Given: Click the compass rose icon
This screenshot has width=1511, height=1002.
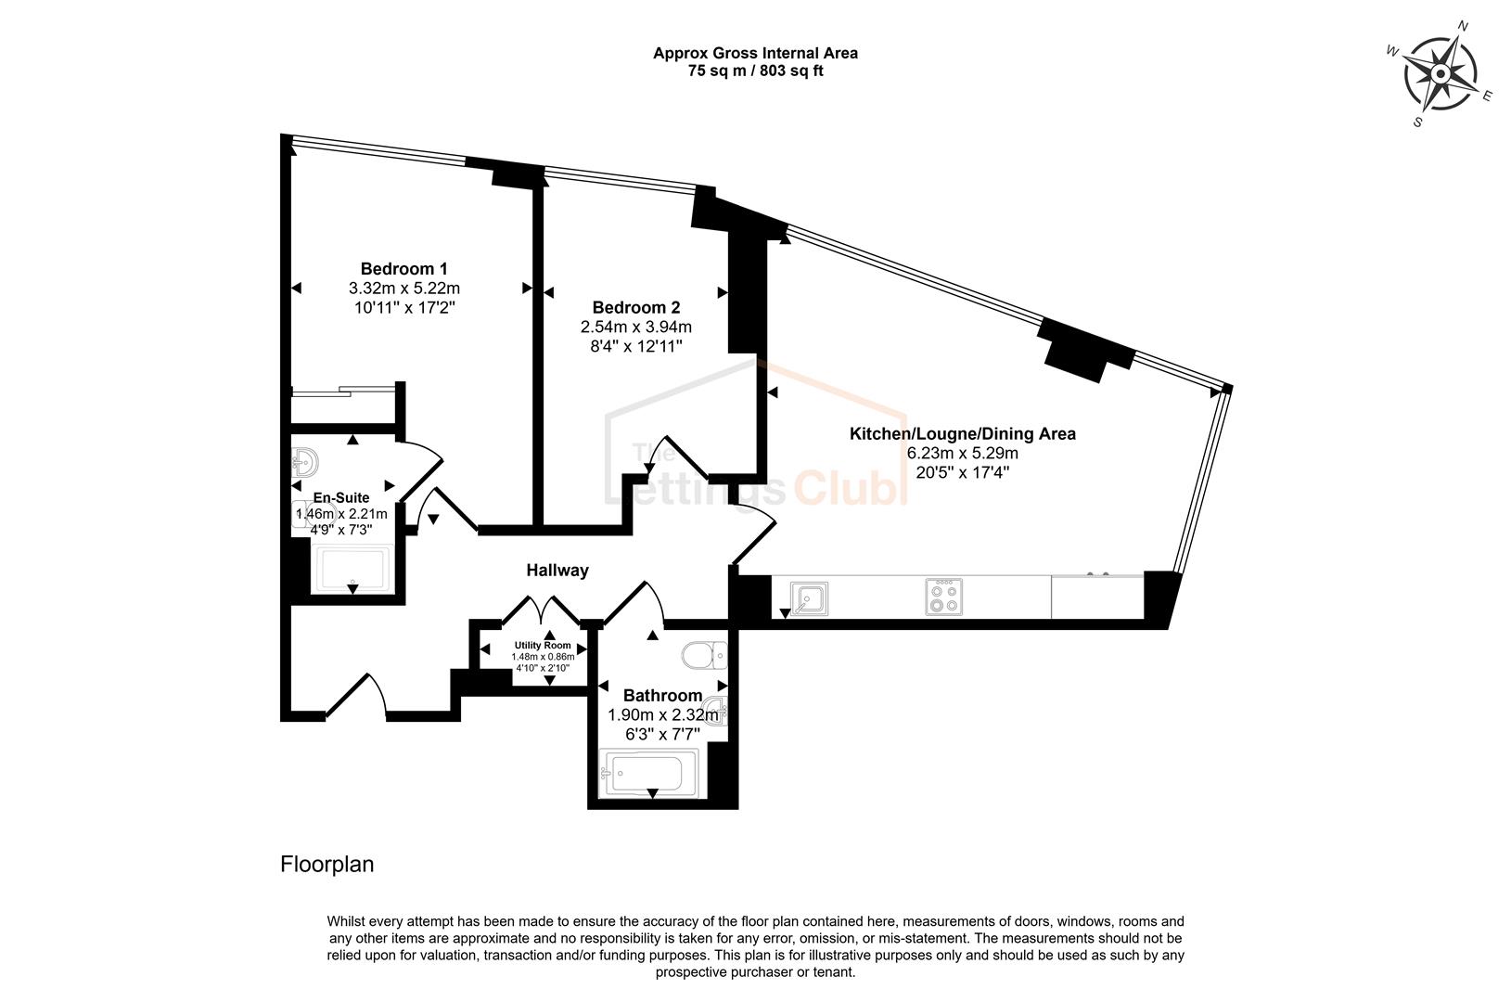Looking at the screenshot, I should pos(1441,74).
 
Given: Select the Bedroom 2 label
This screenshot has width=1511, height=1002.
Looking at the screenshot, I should pos(636,308).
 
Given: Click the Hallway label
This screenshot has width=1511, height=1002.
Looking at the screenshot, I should pos(557,571).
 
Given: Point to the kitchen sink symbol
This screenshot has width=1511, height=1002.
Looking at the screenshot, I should pos(809,597).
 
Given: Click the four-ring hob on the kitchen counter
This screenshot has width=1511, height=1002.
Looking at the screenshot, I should pos(943,597).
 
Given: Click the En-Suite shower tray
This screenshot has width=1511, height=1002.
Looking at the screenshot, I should pos(352,569).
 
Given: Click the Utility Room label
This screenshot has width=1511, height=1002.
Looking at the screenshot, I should pos(543,645).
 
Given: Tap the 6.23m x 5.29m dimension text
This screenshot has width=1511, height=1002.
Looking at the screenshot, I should pos(963,454).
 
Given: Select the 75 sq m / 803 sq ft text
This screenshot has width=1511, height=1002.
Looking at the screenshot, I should pos(755,71).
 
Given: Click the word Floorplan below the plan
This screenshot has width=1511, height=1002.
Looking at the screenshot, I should pos(327,865).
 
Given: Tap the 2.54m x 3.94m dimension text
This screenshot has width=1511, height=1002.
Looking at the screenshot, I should pos(636,328).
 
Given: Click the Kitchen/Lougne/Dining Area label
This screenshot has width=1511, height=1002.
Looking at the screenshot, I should pos(963,433).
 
